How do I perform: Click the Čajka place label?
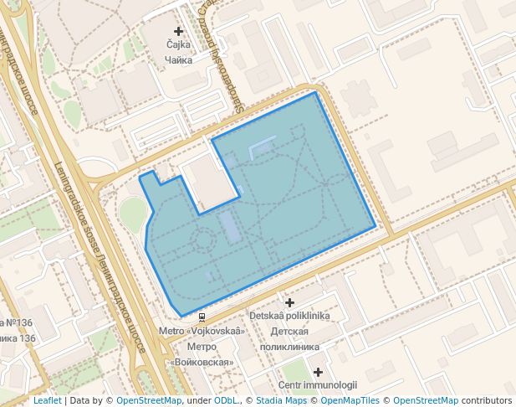[x=179, y=45]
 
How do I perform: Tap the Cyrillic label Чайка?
[x=179, y=60]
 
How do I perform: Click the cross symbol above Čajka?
[x=179, y=31]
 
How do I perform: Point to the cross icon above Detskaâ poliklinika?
[x=290, y=301]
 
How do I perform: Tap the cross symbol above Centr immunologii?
[x=318, y=372]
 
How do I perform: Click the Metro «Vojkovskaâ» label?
[x=202, y=331]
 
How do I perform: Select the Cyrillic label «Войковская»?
[x=202, y=362]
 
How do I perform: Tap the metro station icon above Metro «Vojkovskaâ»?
[x=202, y=317]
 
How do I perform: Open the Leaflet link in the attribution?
[x=47, y=400]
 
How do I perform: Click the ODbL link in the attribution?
[x=226, y=400]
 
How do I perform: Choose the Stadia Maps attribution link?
[x=281, y=400]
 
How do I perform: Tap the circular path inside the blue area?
[x=203, y=240]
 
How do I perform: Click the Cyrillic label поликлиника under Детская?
[x=290, y=345]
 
